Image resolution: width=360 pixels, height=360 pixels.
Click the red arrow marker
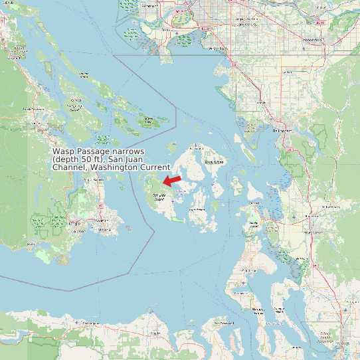[172, 181]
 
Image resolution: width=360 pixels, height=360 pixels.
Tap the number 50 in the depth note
[85, 159]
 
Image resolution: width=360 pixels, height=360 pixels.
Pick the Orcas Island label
[213, 161]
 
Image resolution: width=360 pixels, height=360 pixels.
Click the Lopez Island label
[197, 209]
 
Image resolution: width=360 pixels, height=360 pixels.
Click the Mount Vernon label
[312, 232]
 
